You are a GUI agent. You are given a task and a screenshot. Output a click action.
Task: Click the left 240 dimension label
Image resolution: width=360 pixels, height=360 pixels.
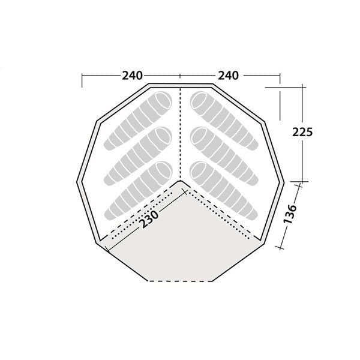132,76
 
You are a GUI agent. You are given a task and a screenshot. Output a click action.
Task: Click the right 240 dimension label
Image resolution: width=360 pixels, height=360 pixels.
228,76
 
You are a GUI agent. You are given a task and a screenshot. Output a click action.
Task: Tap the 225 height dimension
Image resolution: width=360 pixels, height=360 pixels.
302,132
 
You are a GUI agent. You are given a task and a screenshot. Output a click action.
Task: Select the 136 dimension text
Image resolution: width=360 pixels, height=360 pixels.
290,214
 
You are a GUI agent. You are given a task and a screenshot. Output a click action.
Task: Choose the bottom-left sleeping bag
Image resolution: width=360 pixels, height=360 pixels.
138,191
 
